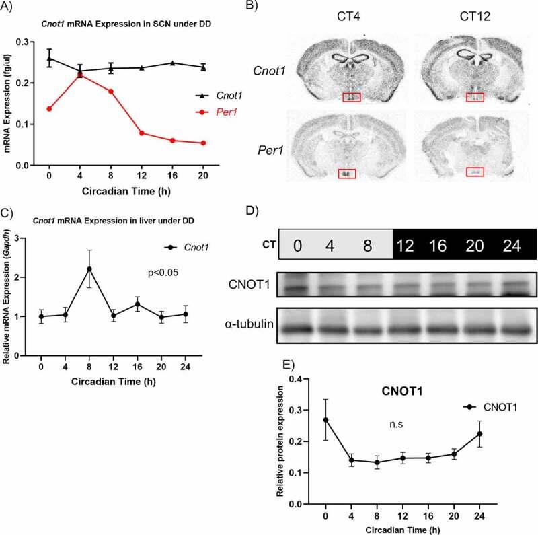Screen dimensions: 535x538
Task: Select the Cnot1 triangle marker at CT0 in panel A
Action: point(49,59)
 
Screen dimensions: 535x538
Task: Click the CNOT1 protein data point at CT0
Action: point(325,419)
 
